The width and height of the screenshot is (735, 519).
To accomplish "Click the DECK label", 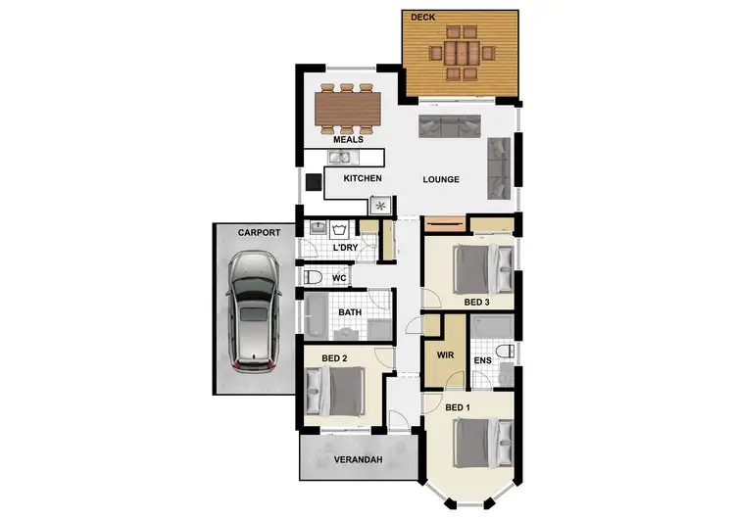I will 423,17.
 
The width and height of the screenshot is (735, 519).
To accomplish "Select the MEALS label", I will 348,140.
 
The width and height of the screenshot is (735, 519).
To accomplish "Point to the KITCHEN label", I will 362,178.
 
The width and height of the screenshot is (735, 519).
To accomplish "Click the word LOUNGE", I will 441,180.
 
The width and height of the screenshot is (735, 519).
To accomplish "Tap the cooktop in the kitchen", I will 379,206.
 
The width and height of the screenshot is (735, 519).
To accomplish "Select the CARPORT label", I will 260,233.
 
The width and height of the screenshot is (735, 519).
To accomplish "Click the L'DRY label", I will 345,248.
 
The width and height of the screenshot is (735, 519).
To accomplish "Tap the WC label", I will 339,279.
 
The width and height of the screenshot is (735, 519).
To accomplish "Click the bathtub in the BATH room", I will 318,314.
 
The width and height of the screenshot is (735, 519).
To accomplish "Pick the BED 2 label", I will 334,358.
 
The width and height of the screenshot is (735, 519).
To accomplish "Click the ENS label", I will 482,361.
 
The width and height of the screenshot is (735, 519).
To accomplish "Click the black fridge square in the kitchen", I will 313,180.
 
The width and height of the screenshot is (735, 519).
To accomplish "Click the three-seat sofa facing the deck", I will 451,126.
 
